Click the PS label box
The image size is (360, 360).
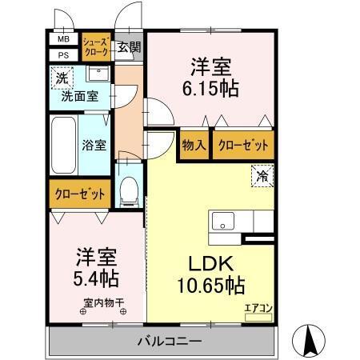coord(62,54)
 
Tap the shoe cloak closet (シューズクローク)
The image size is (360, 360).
coord(96,46)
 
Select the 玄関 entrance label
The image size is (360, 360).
coord(128,46)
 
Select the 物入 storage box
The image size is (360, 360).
coord(194,145)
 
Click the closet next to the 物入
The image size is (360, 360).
coord(241,145)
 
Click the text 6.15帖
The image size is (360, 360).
coord(210,89)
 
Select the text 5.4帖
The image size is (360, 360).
coord(98,278)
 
